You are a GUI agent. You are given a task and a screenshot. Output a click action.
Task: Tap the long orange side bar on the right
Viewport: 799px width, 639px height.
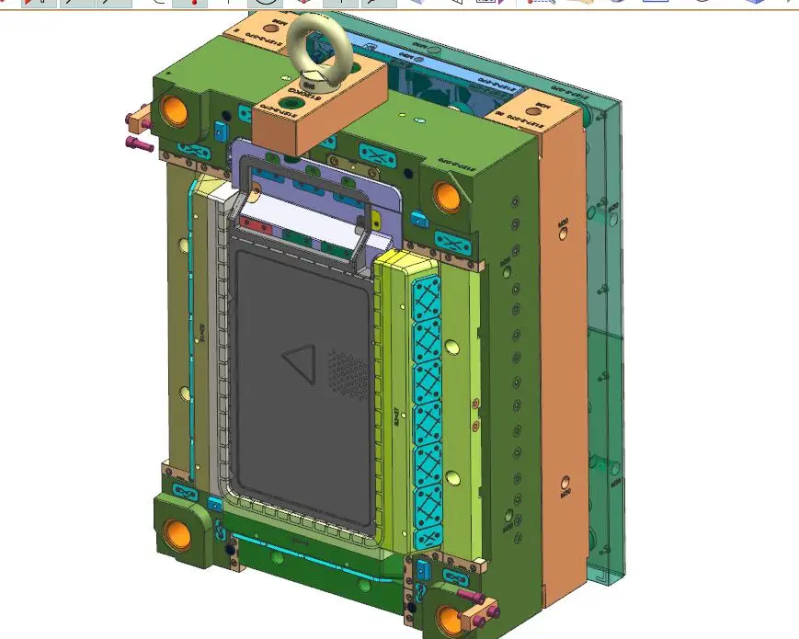pyautogui.click(x=561, y=368)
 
